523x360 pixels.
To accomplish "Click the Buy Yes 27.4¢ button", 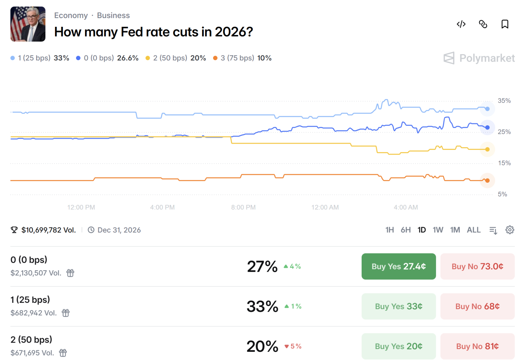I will pos(398,266).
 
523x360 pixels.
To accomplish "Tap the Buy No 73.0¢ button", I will pos(477,266).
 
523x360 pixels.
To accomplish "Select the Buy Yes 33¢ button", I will pos(398,306).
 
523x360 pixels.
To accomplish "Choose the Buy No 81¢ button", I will pos(477,346).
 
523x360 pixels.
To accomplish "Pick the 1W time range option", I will pos(438,230).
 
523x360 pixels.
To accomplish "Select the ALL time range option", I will pos(473,230).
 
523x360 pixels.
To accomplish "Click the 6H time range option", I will pos(405,230).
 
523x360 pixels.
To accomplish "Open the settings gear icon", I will pos(510,230).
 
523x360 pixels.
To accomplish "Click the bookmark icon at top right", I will pos(505,24).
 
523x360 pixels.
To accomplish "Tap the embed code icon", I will pos(461,24).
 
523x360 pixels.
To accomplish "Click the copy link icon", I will pos(483,24).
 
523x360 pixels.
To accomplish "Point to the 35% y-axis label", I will pos(504,101).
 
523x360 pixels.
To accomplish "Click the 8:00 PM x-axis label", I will pos(243,207).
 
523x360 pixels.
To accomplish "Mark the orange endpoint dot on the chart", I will pos(487,181).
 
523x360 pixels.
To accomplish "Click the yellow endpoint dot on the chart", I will pos(487,149).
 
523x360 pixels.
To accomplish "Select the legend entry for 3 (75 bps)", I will pos(242,58).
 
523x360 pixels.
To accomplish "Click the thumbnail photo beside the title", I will pos(28,24).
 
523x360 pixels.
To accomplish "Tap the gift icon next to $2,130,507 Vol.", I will pos(70,273).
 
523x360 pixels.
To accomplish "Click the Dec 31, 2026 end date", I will pos(119,230).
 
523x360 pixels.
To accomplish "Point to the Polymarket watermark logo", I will pos(479,58).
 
